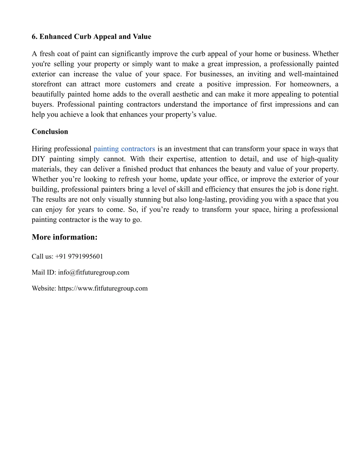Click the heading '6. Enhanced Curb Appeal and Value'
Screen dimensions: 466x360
point(91,37)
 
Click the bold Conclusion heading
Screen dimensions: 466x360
point(50,132)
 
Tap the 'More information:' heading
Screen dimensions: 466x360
point(65,237)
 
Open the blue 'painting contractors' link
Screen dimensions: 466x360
point(124,149)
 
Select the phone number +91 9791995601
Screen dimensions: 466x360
point(79,256)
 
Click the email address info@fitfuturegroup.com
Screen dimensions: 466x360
point(94,272)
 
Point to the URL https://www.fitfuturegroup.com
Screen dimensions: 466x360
point(103,288)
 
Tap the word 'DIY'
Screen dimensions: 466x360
point(38,159)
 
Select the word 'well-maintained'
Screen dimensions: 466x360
point(313,74)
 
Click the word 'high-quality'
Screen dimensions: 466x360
point(320,159)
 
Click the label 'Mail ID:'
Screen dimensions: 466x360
point(44,272)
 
